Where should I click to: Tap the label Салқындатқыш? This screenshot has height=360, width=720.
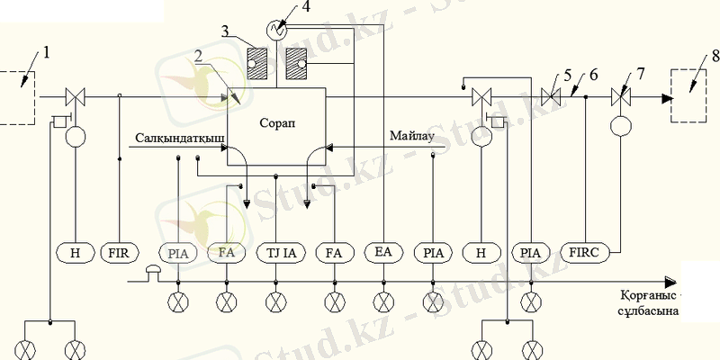point(181,138)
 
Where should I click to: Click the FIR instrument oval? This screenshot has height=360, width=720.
point(120,253)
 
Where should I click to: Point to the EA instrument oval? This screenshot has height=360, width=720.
point(383,253)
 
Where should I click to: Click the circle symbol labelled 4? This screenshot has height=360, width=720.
point(279,31)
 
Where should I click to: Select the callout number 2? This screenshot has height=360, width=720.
point(197,56)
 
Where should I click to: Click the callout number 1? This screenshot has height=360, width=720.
point(47,51)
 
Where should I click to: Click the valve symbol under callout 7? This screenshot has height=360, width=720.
point(619,95)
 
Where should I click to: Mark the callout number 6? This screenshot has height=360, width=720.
point(594,74)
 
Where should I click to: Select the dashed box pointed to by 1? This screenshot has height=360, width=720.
point(15,96)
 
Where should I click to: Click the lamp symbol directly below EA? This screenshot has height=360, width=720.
point(383,301)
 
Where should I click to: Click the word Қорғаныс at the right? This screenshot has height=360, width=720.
point(646,295)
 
